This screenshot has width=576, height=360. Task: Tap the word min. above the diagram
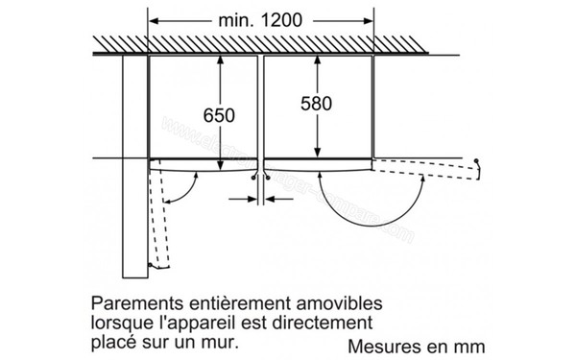tap(227, 19)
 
